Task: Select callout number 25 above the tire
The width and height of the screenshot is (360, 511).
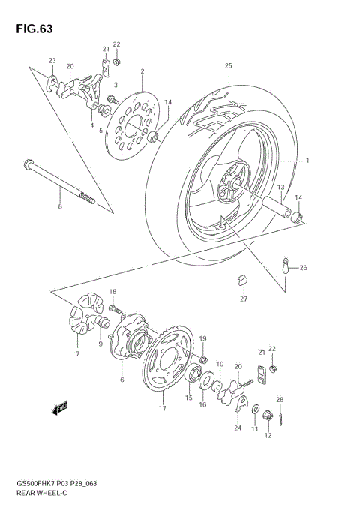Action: click(x=229, y=66)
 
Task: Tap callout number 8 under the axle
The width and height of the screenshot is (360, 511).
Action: click(x=60, y=205)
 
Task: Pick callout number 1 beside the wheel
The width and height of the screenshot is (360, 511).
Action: click(x=306, y=161)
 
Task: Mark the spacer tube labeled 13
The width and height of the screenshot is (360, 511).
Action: click(x=271, y=204)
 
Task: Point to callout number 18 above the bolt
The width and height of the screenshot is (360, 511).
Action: click(x=112, y=291)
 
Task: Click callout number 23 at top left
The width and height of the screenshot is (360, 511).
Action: click(x=52, y=61)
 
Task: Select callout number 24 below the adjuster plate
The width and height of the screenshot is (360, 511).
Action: click(x=238, y=428)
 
